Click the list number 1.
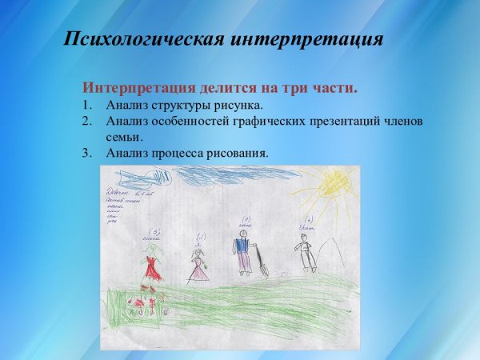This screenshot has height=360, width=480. (86, 105)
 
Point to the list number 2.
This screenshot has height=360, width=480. (86, 121)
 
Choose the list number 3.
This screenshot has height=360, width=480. (86, 153)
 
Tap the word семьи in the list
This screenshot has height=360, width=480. (123, 137)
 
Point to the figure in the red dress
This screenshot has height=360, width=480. (151, 265)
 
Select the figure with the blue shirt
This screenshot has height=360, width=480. (242, 251)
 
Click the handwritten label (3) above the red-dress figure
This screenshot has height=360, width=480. (146, 231)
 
